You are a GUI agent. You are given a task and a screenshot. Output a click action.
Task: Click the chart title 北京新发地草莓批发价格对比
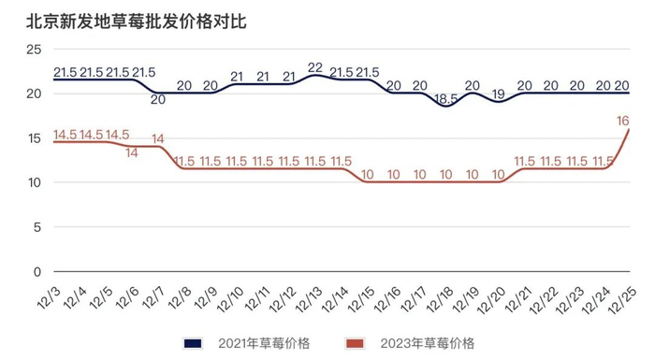(136, 21)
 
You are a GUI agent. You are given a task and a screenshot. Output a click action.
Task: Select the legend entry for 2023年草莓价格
(427, 343)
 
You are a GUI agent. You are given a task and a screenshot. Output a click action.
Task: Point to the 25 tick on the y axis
(33, 49)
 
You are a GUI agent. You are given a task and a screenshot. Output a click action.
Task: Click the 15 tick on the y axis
(33, 138)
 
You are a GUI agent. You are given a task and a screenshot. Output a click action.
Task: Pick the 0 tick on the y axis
(36, 272)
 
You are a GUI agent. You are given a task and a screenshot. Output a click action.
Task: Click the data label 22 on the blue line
(315, 67)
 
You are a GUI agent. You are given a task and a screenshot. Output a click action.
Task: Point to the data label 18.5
(446, 98)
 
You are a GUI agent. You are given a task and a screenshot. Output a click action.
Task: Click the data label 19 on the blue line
(499, 94)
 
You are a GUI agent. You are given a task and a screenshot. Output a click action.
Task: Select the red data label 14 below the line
(132, 152)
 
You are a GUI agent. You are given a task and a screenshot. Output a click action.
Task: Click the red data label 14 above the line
(158, 139)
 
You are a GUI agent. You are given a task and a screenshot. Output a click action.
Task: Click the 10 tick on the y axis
(33, 182)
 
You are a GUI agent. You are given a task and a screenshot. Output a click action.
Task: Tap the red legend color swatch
(356, 343)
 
